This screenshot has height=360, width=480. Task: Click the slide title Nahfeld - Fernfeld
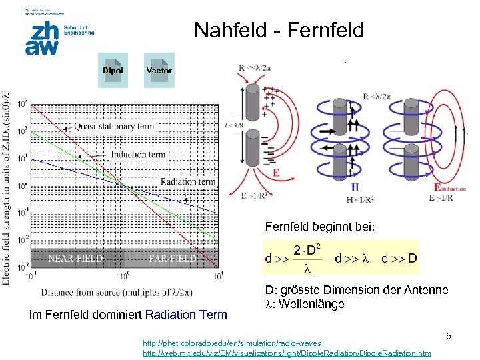[x=279, y=30]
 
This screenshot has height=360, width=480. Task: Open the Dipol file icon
[x=113, y=70]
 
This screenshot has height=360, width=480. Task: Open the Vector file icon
[x=159, y=70]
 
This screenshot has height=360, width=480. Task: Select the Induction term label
[x=138, y=154]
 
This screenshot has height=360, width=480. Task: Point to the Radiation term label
[x=187, y=181]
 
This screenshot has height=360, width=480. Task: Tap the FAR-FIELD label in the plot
[x=172, y=259]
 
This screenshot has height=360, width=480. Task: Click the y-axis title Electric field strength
[x=7, y=187]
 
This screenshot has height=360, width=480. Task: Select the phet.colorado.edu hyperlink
[x=224, y=343]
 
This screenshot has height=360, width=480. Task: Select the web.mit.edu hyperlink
[x=287, y=353]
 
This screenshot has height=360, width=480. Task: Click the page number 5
[x=449, y=337]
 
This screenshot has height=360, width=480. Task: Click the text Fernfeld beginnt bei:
[x=320, y=227]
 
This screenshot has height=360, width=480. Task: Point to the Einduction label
[x=450, y=189]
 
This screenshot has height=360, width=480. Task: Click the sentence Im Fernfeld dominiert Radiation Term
[x=129, y=315]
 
